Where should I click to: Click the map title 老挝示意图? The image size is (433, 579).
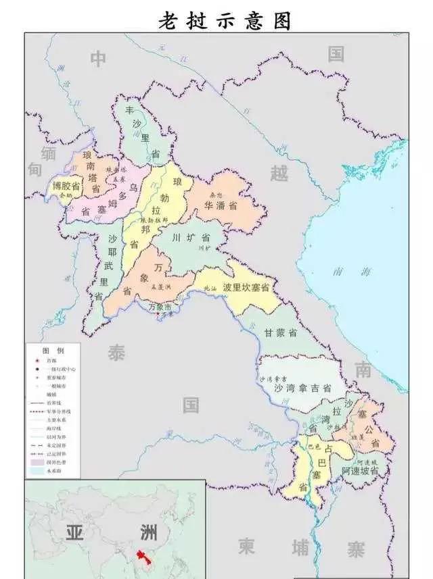225,20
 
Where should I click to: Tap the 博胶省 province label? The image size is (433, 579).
66,185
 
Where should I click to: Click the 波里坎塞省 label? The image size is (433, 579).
242,287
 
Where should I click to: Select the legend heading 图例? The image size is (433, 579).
53,351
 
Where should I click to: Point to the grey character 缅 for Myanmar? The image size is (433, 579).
48,151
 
